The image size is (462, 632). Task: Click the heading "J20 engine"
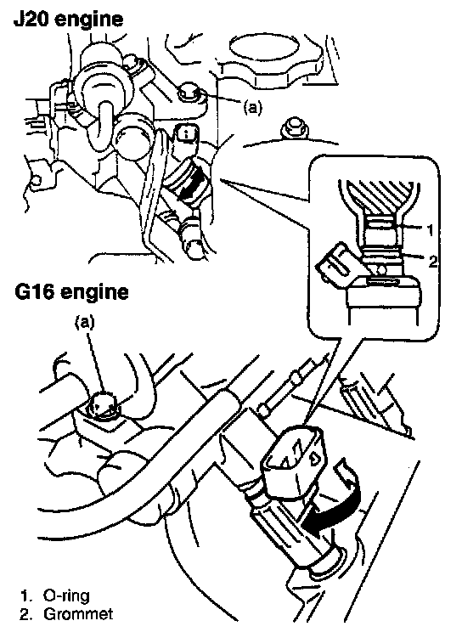pos(68,19)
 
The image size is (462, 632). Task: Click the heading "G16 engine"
pos(71,291)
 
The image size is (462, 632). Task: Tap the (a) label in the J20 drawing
pos(252,107)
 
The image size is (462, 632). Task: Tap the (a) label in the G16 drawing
pos(86,322)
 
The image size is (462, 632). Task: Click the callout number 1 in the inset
pos(430,230)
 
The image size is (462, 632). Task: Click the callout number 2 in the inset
pos(432,262)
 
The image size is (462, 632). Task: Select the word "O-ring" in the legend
pos(66,595)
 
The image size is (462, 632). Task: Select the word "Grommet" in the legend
pos(78,614)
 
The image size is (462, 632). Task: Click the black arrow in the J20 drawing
pos(191,185)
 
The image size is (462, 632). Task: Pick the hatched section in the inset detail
pos(378,196)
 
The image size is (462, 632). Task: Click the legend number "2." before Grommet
pos(26,614)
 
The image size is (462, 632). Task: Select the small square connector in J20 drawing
pos(186,135)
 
